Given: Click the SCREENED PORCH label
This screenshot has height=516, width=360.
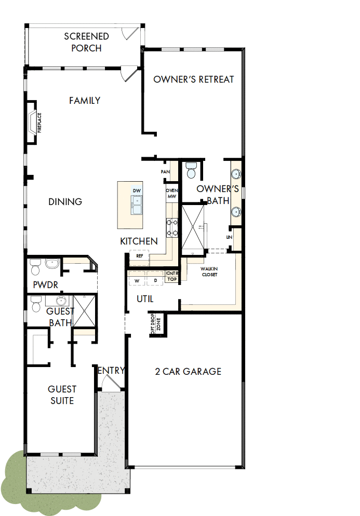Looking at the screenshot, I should click(86, 42).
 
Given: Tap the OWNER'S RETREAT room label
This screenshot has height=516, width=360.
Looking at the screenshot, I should click(194, 79).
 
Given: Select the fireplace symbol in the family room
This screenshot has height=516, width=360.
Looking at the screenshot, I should click(33, 122).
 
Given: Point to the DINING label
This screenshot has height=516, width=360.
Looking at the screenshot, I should click(65, 201).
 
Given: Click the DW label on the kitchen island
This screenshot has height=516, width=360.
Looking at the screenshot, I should click(137, 191).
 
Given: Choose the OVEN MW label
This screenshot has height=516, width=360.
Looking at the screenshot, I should click(172, 194).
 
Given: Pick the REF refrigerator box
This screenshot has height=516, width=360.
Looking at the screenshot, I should click(139, 256).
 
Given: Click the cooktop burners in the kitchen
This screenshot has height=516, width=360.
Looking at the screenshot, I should click(172, 228).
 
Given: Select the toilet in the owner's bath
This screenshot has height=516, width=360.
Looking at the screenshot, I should click(191, 171).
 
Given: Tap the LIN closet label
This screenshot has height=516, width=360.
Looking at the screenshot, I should click(229, 237).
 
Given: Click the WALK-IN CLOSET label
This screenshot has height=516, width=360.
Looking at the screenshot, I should click(209, 271).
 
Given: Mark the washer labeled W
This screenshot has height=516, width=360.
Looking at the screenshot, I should click(138, 281).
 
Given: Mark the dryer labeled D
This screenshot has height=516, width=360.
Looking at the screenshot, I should click(155, 281).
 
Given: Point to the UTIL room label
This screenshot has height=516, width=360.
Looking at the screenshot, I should click(145, 299).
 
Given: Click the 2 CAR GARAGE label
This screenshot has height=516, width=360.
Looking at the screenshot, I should click(188, 371).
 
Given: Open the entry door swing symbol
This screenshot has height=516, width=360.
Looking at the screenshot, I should click(110, 383).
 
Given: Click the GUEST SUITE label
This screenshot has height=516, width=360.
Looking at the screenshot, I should click(62, 395).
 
